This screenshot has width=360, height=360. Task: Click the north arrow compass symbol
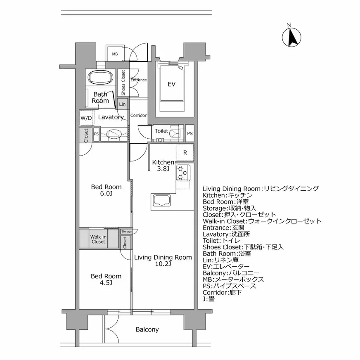pos(292,37)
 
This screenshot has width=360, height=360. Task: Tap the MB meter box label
pos(115,53)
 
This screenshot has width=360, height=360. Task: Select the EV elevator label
pos(171,84)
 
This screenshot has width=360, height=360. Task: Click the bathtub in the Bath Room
pos(101,78)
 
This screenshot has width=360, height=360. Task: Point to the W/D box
pos(86,118)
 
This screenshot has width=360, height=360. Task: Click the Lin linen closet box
pos(122,104)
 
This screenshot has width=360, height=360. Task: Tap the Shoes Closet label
pos(123,83)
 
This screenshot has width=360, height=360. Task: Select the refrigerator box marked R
pos(185,153)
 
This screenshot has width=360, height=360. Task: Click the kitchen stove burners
pos(182,172)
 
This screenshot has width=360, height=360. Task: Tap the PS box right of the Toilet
pos(189,133)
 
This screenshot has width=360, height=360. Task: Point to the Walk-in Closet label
pos(98,239)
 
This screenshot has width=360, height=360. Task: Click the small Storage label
pos(126,232)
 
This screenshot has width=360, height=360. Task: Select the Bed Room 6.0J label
pos(106,190)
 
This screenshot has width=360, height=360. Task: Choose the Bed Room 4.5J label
pos(106,279)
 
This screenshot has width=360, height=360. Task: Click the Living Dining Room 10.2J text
pos(163,261)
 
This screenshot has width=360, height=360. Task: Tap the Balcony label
pos(147,329)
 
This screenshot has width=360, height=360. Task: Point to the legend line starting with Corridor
pos(223,292)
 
